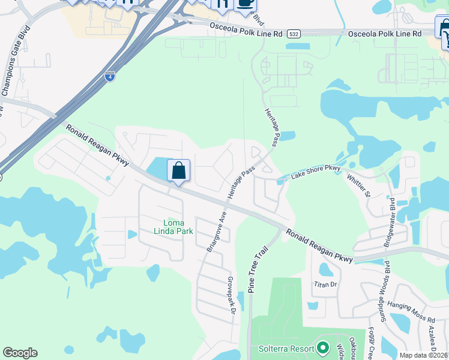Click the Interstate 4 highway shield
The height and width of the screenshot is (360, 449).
point(109,76)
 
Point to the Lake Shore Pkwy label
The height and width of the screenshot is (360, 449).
point(316,172)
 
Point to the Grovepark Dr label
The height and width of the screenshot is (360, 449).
point(230,295)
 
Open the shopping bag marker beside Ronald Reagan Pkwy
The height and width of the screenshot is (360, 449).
point(179,170)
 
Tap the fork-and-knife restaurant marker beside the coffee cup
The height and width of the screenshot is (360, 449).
point(222,5)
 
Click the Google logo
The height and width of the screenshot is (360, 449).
point(20,353)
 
